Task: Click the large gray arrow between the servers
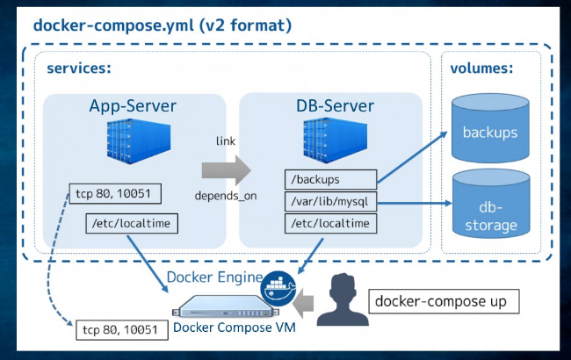(225, 168)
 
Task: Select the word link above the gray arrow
(225, 140)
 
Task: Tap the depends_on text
(225, 196)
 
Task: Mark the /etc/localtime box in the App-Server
(133, 224)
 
